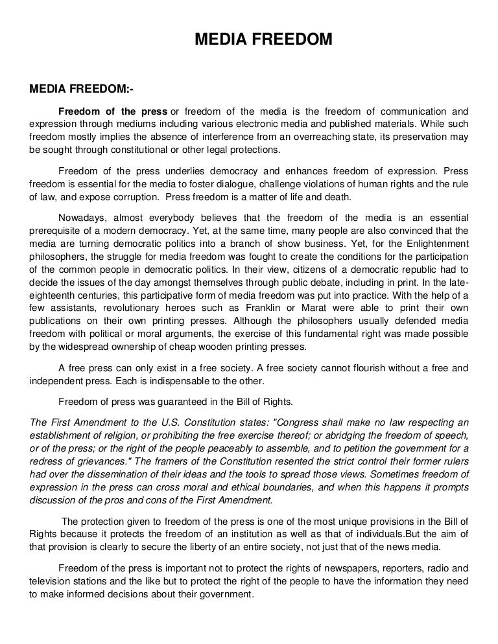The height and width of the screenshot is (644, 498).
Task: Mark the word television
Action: tap(53, 582)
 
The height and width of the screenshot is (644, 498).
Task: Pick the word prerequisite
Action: tap(59, 229)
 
